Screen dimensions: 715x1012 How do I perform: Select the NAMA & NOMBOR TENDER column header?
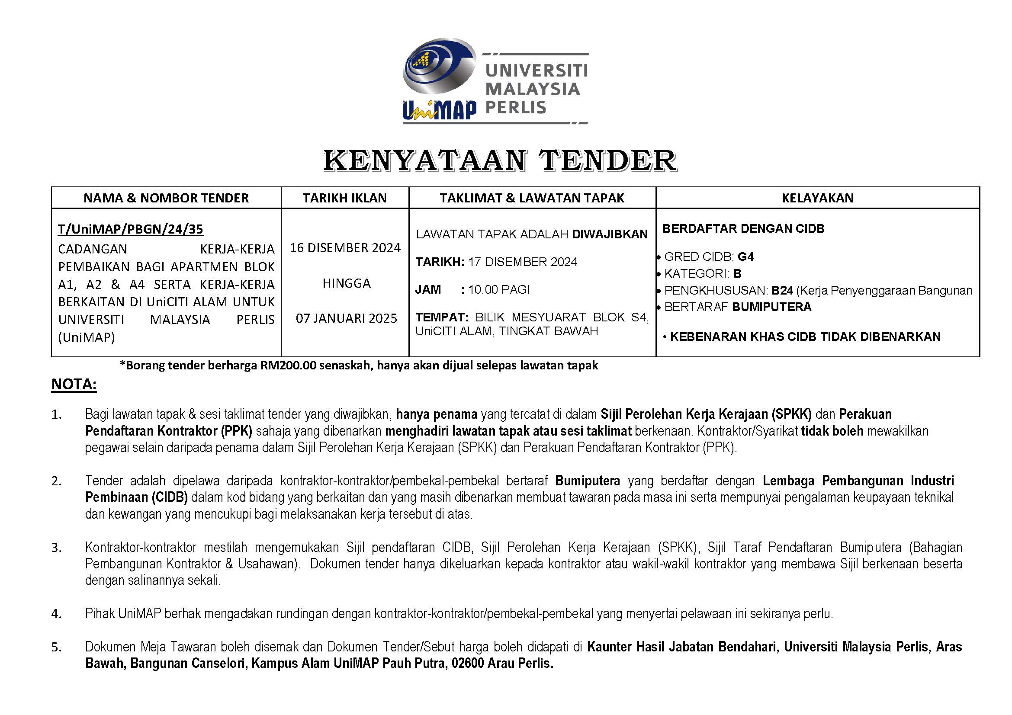166,198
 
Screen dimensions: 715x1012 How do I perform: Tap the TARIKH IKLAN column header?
345,198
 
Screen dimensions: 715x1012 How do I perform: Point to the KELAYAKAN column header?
817,198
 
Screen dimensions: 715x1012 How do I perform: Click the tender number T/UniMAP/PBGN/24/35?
131,229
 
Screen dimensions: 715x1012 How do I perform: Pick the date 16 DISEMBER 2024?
345,247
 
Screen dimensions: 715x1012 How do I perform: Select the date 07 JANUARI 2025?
347,318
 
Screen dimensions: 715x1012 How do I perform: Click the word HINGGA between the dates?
347,283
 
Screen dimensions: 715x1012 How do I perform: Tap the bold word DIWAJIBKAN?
610,234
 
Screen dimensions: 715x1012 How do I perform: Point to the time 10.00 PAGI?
499,289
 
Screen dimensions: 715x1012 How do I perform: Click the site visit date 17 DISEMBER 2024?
522,262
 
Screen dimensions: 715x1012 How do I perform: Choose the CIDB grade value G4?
746,257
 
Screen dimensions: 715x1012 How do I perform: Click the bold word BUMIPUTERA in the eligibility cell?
771,307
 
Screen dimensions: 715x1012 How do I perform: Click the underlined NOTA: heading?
74,384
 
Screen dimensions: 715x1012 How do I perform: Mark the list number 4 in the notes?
56,614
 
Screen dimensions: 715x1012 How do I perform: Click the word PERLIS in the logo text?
515,108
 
